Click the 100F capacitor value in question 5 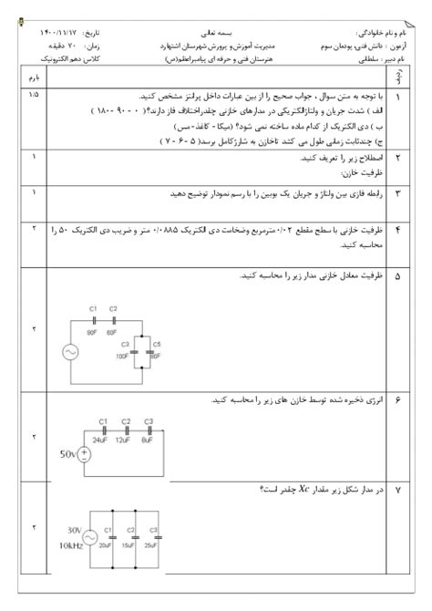(122, 356)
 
